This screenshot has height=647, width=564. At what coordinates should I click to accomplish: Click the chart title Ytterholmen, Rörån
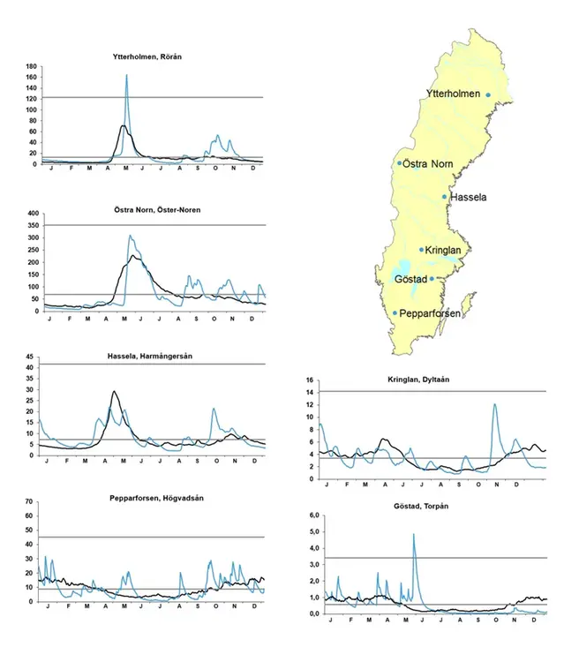point(153,57)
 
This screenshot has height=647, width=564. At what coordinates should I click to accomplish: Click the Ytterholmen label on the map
point(453,94)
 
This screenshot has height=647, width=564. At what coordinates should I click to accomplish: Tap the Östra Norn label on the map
point(426,163)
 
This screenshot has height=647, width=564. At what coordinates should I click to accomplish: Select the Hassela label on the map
point(468,198)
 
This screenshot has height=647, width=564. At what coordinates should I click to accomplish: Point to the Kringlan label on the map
point(443,250)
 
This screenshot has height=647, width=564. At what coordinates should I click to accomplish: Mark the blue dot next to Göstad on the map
point(432,279)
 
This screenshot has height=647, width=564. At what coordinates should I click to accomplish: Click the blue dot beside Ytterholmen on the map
point(488,95)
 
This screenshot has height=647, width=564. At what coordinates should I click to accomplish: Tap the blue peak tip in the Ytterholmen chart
point(126,76)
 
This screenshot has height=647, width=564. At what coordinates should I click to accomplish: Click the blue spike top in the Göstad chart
point(413,534)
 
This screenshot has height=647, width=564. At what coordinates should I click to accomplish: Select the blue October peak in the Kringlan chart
point(494,404)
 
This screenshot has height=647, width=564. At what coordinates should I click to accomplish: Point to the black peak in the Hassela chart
point(114,392)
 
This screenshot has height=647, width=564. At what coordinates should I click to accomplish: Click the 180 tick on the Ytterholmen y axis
point(31,66)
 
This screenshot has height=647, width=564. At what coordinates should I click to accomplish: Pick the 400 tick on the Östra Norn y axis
point(31,214)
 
